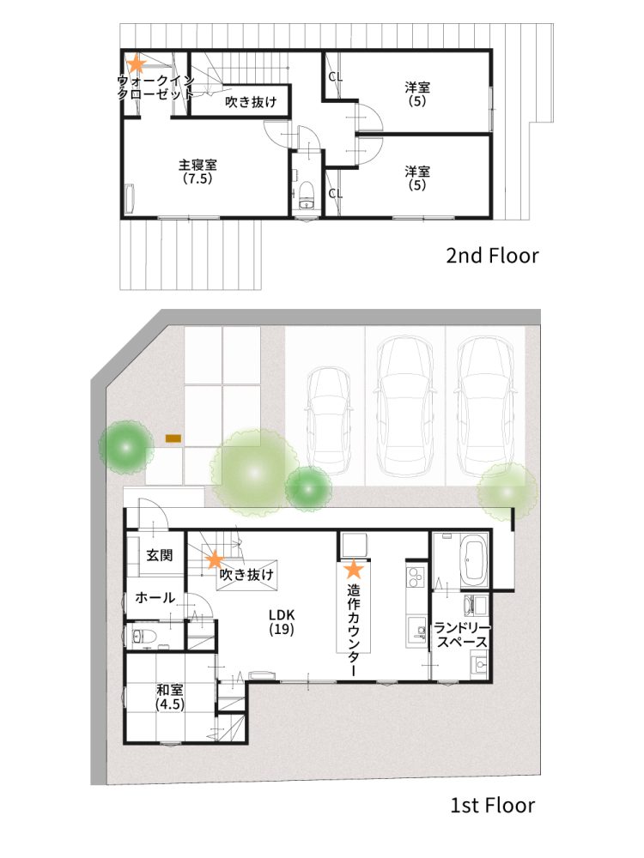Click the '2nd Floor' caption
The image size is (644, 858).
point(492,255)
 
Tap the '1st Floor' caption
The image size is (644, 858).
point(492,806)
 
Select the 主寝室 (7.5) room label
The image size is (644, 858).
point(197,172)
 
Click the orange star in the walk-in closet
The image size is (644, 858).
point(136,63)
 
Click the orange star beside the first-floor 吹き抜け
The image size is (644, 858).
point(213,560)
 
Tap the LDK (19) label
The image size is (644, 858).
point(282,622)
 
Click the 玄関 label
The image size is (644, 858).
point(159,555)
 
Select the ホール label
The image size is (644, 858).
point(156,598)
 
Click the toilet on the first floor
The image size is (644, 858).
point(143,637)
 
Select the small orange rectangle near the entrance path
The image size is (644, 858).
point(173,439)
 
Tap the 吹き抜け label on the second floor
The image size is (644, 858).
point(251,102)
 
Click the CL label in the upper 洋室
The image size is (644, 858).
point(335,77)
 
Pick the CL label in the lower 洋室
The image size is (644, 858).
point(335,194)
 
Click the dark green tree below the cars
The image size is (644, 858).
point(308,489)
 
